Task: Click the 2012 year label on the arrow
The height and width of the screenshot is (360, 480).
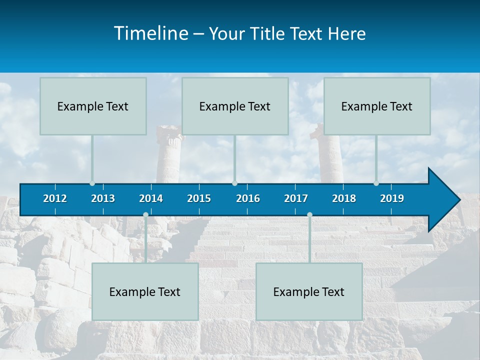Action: pos(55,198)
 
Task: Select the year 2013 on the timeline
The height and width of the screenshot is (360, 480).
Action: pos(103,198)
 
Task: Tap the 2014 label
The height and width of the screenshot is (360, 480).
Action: pos(151,198)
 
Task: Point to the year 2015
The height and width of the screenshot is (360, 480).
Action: pos(199,198)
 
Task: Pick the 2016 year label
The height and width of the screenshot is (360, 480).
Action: pos(248,198)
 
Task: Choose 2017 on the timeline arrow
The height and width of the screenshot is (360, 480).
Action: pos(296,198)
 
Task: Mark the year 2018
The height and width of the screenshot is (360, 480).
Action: pos(344,198)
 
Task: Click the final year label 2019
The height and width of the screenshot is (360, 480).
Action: pos(392,198)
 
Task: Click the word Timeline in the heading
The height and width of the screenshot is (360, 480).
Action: pos(150,33)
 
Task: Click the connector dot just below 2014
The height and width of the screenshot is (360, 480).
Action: pos(145,214)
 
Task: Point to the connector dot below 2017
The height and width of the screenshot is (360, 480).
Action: pos(309,214)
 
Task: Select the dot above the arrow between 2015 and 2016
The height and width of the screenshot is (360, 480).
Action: pos(234,183)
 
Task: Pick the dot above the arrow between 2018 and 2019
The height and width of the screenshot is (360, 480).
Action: pos(376,183)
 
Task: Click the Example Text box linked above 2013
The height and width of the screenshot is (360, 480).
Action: pos(93,106)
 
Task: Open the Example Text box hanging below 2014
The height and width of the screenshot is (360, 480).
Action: pos(145,291)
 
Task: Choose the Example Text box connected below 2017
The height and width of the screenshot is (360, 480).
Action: pos(309,291)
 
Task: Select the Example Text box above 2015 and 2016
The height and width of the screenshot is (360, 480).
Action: pos(235,106)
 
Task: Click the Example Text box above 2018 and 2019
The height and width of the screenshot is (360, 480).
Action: pos(377,106)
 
